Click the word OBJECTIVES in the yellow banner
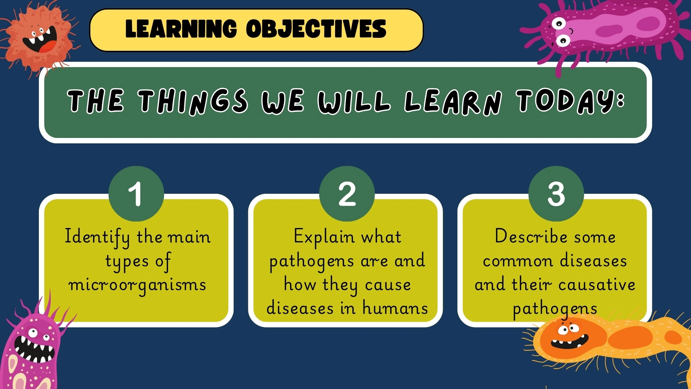coord(316,29)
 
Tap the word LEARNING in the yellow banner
coord(181,29)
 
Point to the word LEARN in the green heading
coord(453,102)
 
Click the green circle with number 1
coord(136,194)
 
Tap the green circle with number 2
coord(347,194)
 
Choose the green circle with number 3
coord(556,194)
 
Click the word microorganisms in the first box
coord(137,285)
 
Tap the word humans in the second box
coord(395,309)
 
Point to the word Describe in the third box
coord(531,237)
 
